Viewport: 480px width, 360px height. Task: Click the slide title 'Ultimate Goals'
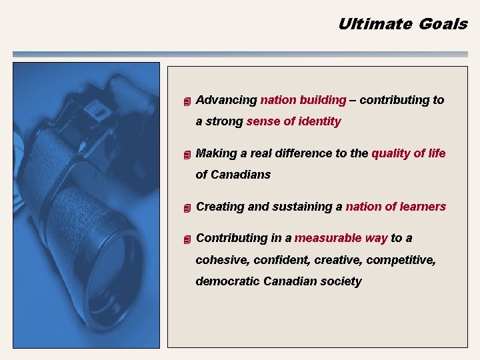pos(403,24)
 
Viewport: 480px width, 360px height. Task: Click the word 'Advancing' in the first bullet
pos(227,100)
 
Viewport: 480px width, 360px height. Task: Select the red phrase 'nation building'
pos(303,100)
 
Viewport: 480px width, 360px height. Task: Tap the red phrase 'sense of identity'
pos(293,121)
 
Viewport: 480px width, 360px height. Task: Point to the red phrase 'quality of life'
pos(409,153)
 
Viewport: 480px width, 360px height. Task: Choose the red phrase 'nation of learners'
pos(395,207)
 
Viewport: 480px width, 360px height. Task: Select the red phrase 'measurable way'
pos(341,238)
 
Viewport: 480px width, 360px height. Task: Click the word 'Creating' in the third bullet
pos(220,207)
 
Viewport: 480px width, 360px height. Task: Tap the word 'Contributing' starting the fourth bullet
pos(230,238)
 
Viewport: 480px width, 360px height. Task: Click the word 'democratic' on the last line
pos(227,281)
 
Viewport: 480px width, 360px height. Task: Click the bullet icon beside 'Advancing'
pos(187,101)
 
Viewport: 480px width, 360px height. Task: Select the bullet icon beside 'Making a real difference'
pos(187,155)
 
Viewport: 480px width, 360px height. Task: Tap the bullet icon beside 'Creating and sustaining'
pos(187,208)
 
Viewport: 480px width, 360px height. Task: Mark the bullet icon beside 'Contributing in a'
pos(187,239)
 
